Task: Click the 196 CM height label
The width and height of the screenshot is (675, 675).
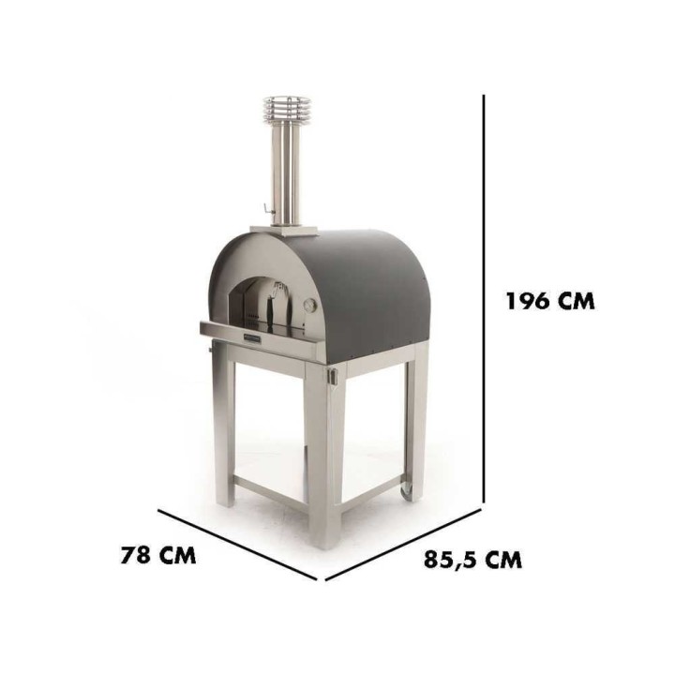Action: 550,301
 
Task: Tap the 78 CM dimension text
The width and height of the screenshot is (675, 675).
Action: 158,555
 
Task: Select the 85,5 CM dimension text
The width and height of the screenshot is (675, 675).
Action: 472,560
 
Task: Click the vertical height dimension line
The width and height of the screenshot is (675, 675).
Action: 484,299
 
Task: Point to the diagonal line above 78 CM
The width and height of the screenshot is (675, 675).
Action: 238,545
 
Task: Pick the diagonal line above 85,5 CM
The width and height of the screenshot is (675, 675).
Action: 403,545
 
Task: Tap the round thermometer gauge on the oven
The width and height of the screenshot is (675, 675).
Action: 310,306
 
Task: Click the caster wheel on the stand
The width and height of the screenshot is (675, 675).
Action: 406,491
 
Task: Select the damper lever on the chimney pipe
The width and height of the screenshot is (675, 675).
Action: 268,209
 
